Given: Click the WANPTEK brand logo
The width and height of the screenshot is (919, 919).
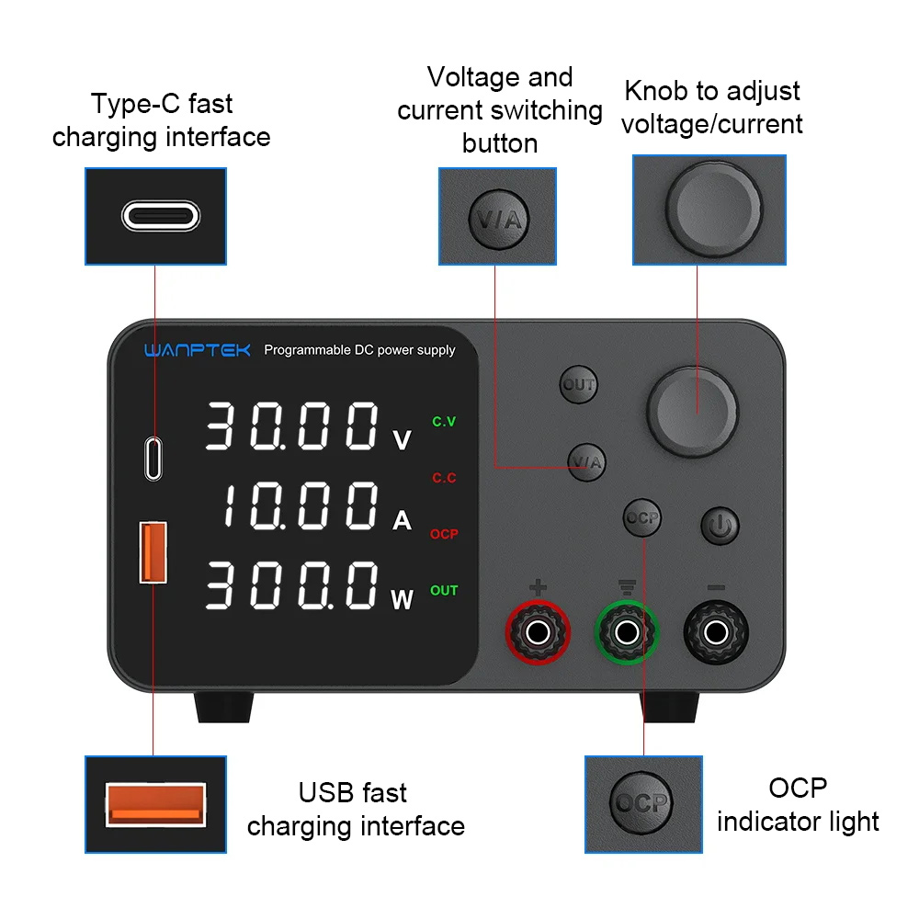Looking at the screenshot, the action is (198, 350).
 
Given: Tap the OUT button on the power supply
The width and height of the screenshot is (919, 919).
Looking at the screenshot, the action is (578, 385).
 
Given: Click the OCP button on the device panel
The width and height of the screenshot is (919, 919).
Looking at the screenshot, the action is (641, 518).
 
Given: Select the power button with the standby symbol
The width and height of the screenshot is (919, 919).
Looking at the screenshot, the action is (720, 526).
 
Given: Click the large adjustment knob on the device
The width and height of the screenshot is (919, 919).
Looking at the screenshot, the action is (692, 412).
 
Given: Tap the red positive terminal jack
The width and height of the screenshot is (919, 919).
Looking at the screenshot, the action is (538, 632).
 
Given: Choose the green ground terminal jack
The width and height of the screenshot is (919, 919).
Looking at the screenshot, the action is (627, 632).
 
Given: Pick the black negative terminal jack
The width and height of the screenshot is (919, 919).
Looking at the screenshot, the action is (716, 632).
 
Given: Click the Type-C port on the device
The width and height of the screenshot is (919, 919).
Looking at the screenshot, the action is (153, 459).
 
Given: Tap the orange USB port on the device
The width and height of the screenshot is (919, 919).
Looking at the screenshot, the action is (153, 552).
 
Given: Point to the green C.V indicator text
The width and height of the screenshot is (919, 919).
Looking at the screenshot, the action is (444, 422).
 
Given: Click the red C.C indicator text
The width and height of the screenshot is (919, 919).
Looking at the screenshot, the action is (444, 478).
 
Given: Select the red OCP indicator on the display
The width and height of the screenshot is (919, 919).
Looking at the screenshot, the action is (444, 534).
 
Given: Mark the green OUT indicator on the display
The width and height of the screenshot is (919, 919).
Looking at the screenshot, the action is (444, 590).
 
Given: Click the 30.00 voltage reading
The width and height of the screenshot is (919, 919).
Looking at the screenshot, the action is (291, 426).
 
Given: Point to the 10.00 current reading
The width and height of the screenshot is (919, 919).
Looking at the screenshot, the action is (301, 505).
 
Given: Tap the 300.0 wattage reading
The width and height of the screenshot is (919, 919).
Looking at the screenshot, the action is (291, 584).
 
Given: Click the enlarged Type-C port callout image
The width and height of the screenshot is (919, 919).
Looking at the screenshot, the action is (155, 216).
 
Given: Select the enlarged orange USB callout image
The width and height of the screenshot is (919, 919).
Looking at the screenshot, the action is (155, 804).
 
